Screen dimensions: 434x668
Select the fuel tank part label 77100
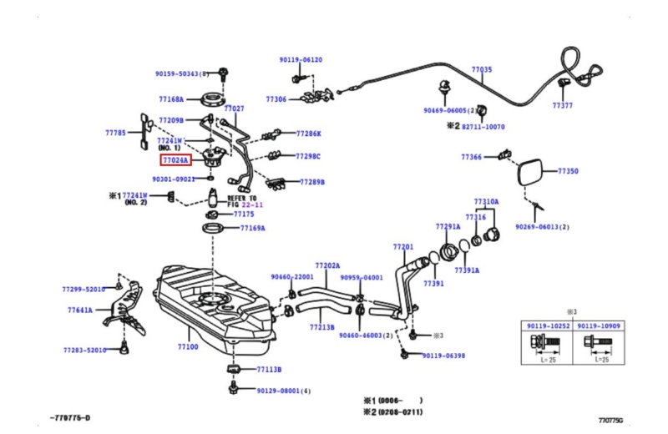pos(188,346)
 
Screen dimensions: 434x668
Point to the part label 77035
pos(482,69)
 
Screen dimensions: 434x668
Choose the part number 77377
pos(563,106)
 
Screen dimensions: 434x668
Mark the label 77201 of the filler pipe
pos(403,247)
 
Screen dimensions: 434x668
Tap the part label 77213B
pos(322,327)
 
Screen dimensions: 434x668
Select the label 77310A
pos(486,202)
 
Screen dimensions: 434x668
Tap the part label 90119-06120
pos(301,60)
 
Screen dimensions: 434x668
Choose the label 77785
pos(115,133)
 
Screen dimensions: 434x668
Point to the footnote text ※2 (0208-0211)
pos(392,411)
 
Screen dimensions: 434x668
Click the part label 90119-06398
pos(443,356)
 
